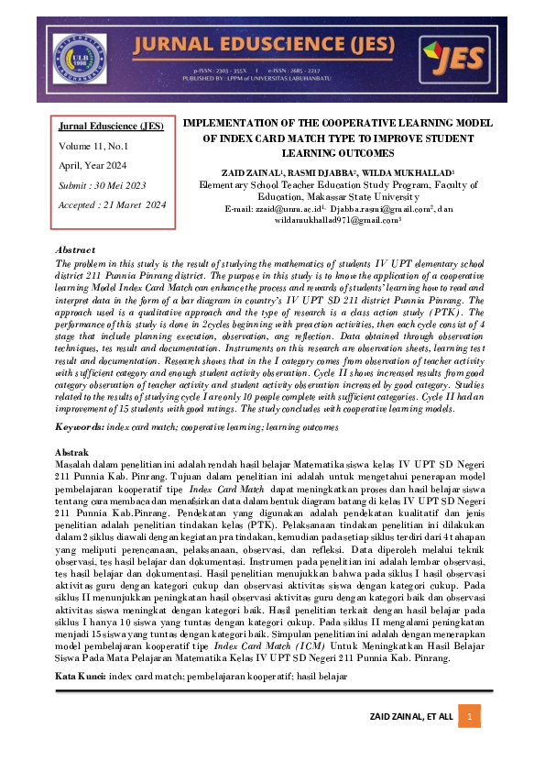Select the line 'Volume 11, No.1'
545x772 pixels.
[94, 145]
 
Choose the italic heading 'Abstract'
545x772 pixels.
[75, 249]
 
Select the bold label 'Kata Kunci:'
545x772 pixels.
[82, 675]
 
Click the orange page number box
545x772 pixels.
[470, 716]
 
